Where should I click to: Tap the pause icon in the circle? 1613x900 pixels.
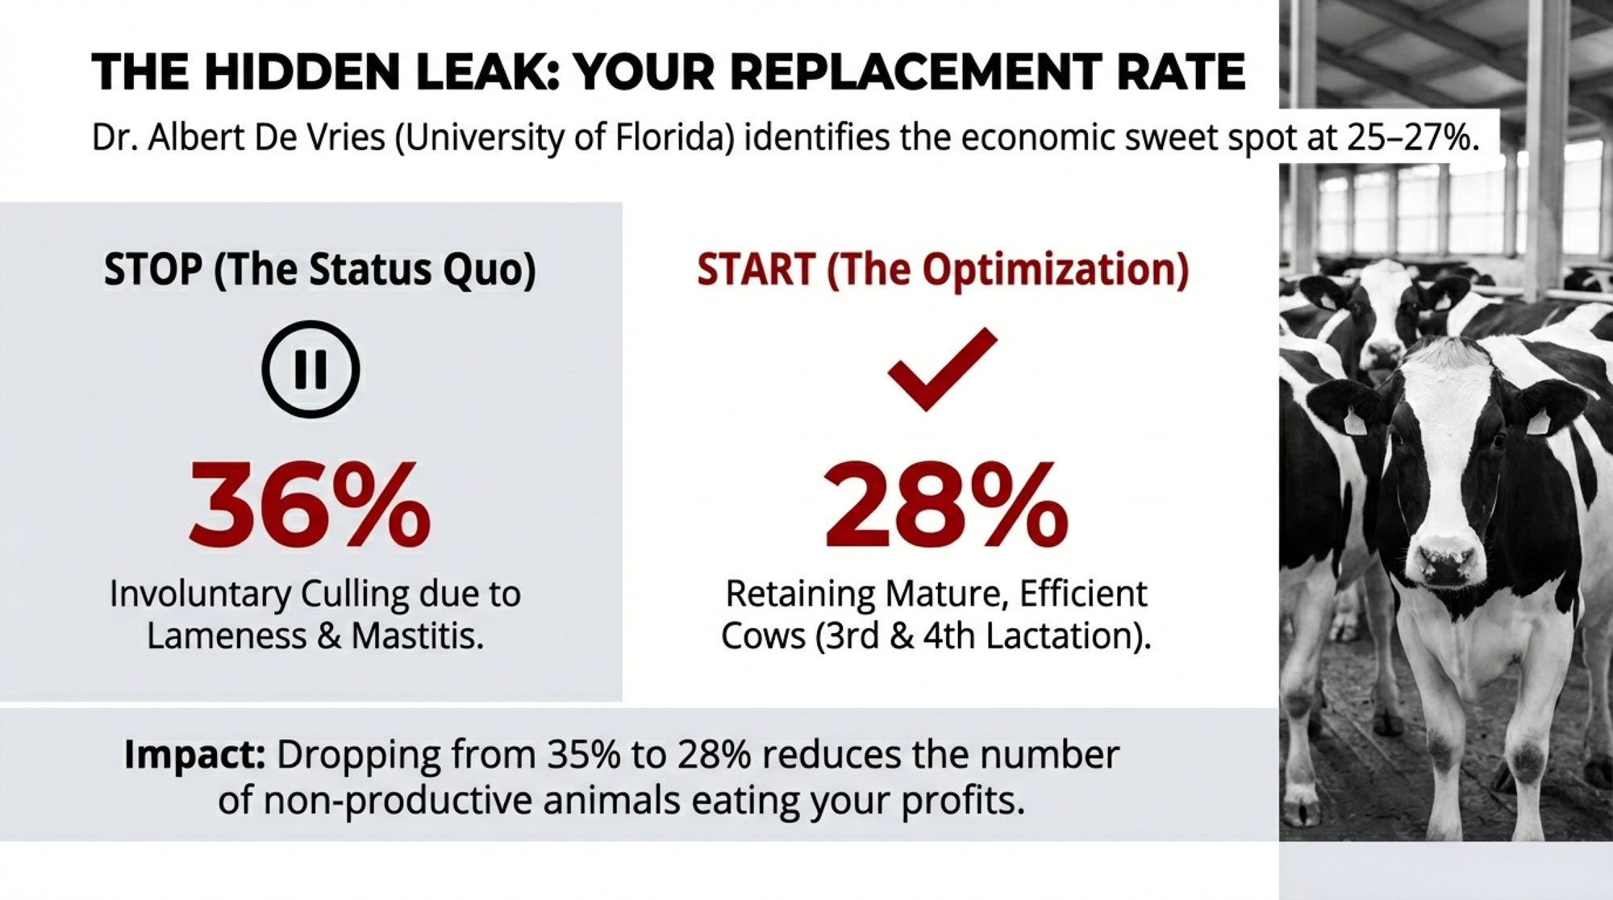(x=311, y=369)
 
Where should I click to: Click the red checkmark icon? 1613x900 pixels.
(x=942, y=369)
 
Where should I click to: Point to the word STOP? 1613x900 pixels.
(x=153, y=269)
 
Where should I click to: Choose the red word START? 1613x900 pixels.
(x=756, y=269)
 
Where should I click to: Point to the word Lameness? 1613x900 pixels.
(x=226, y=636)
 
